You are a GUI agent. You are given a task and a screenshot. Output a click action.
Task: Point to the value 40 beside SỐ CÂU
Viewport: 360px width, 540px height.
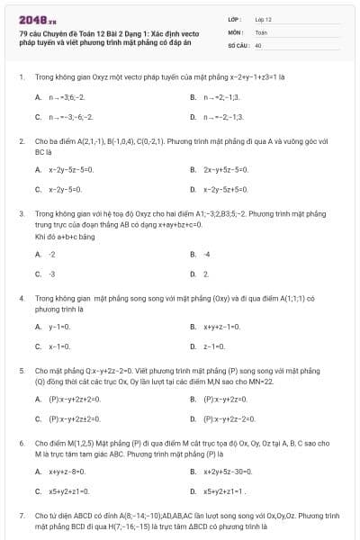(258, 44)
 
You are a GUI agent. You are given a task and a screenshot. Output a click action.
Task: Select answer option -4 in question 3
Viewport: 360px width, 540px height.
(207, 254)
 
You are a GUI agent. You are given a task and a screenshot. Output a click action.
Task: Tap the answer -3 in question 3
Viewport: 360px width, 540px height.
(52, 274)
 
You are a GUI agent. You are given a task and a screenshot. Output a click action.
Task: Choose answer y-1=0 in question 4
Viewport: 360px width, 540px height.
(60, 326)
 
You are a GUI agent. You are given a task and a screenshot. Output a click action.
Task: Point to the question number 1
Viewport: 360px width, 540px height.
(21, 76)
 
